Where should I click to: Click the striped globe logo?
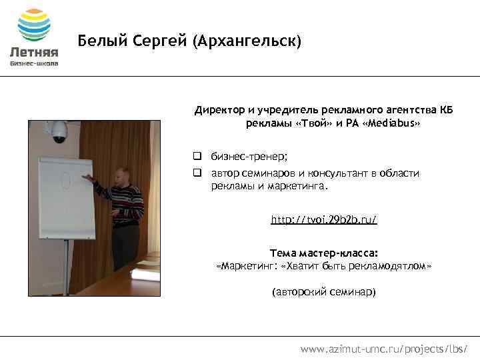(34, 25)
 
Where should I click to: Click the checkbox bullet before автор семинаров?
(198, 173)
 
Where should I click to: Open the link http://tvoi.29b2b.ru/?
(323, 219)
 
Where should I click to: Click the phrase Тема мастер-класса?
(323, 253)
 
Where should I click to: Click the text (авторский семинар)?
(323, 292)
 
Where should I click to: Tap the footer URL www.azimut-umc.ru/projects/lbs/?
(383, 348)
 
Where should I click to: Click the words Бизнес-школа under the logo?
(34, 64)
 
